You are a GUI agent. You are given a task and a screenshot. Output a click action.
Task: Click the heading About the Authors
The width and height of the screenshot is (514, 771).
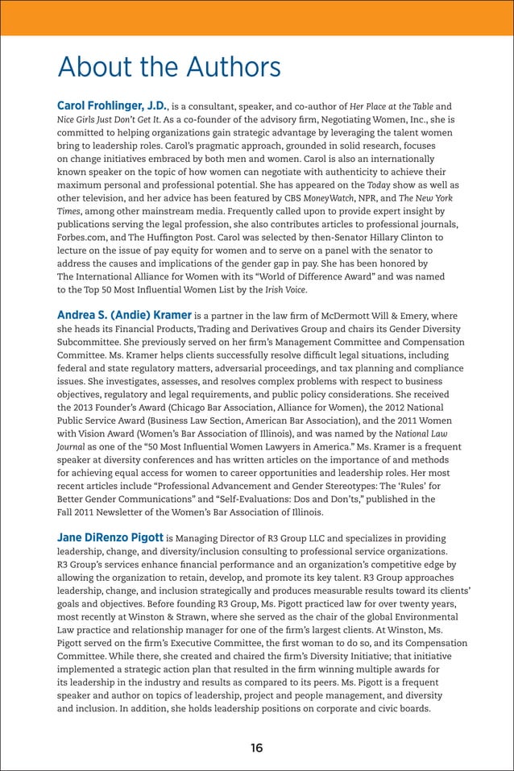click(x=168, y=67)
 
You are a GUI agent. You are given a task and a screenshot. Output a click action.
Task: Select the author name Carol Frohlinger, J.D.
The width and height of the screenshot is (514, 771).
click(x=111, y=106)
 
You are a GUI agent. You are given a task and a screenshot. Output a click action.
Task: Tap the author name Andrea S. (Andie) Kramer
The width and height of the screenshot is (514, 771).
click(x=124, y=314)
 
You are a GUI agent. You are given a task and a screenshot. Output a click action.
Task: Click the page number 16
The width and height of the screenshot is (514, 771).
click(x=256, y=748)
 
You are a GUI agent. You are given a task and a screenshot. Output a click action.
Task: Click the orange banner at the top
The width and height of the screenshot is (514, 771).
click(x=256, y=17)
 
